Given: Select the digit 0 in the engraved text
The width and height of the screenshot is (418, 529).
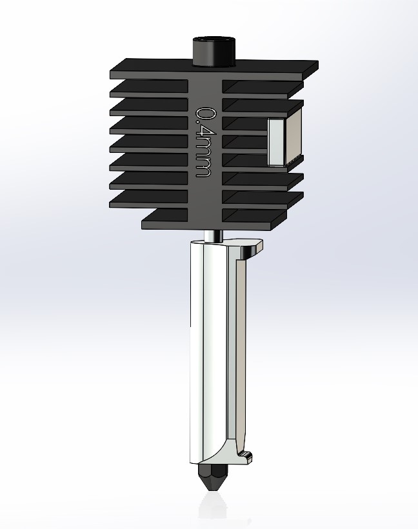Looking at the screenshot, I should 204,114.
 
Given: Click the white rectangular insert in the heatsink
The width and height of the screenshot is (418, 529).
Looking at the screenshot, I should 276,142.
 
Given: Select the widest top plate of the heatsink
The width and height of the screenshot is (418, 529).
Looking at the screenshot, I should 213,67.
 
